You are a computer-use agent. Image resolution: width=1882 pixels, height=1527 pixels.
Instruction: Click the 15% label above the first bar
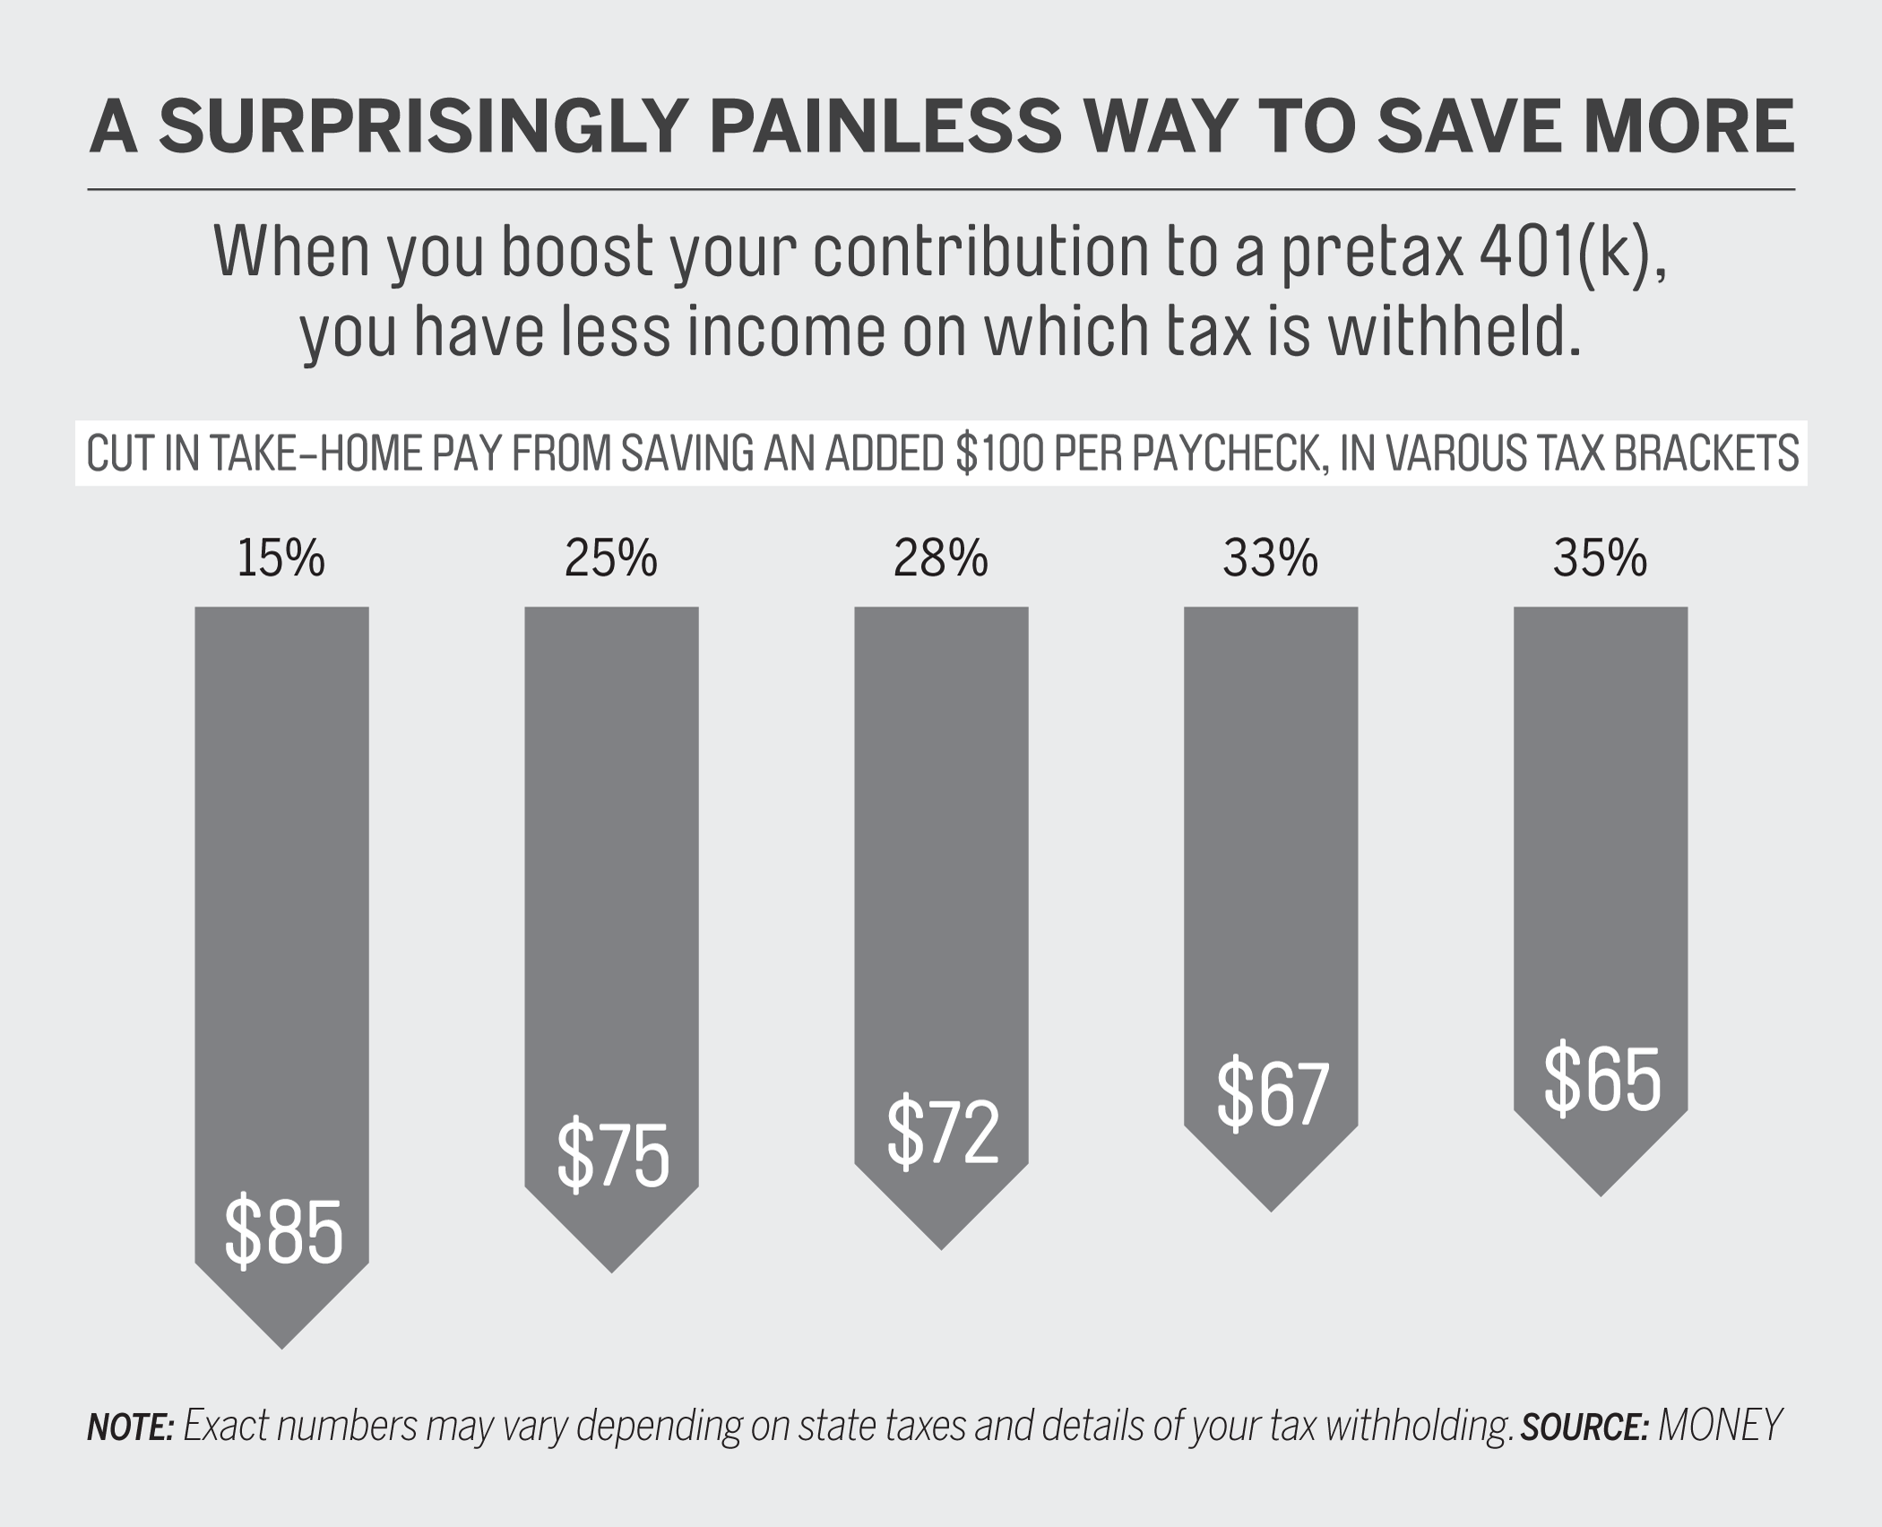[281, 558]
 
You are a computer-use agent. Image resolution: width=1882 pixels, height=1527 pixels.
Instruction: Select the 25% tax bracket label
[610, 558]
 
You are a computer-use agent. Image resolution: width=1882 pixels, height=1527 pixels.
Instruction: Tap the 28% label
[940, 558]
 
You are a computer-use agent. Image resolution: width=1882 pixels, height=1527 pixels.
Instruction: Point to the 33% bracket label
[1270, 558]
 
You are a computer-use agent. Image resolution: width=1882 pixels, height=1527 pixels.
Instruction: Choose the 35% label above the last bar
[1600, 558]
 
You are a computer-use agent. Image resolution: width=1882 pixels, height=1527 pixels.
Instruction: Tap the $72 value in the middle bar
[943, 1131]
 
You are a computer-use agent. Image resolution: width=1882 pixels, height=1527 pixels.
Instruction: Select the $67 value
[1272, 1093]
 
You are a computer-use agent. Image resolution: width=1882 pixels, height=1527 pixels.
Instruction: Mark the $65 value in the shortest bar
[1601, 1078]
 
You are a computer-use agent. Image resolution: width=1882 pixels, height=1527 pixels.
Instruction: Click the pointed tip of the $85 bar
[282, 1344]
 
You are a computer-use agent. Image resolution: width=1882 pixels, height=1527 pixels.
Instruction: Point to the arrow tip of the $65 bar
[1601, 1192]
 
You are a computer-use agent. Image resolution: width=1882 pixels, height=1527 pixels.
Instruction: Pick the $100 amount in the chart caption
[999, 453]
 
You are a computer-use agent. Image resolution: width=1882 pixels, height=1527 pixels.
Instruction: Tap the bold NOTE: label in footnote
[130, 1427]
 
